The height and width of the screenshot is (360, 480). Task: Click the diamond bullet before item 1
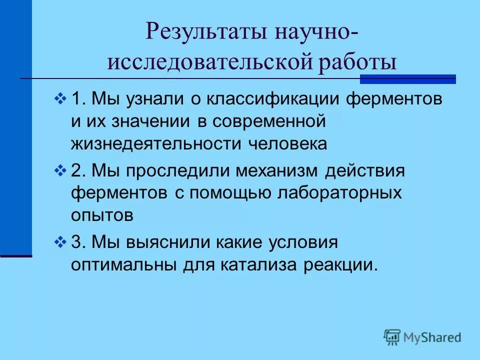pos(60,98)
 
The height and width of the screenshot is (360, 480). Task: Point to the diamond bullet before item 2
pos(60,171)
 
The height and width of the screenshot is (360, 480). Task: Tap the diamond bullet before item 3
pos(60,243)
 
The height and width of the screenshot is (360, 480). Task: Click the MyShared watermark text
pos(432,337)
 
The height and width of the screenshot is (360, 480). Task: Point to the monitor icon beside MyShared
pos(392,337)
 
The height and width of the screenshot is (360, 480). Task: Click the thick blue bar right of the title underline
pos(408,79)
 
